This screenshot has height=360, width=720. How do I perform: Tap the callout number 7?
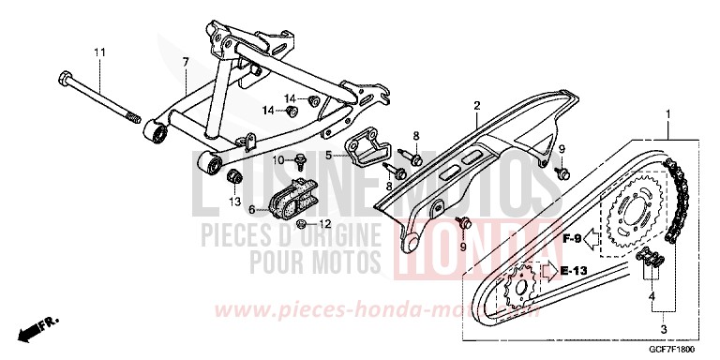(x=186, y=61)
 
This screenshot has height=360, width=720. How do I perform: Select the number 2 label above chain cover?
(x=476, y=105)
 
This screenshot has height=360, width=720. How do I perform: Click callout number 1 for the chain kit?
(x=667, y=115)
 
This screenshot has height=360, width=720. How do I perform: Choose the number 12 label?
(x=325, y=224)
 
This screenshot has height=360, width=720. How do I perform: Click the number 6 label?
(x=251, y=210)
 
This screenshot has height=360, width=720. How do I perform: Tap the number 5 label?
(x=329, y=156)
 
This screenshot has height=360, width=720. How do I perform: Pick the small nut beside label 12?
(x=300, y=224)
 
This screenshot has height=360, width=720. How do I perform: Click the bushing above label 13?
(x=235, y=178)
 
